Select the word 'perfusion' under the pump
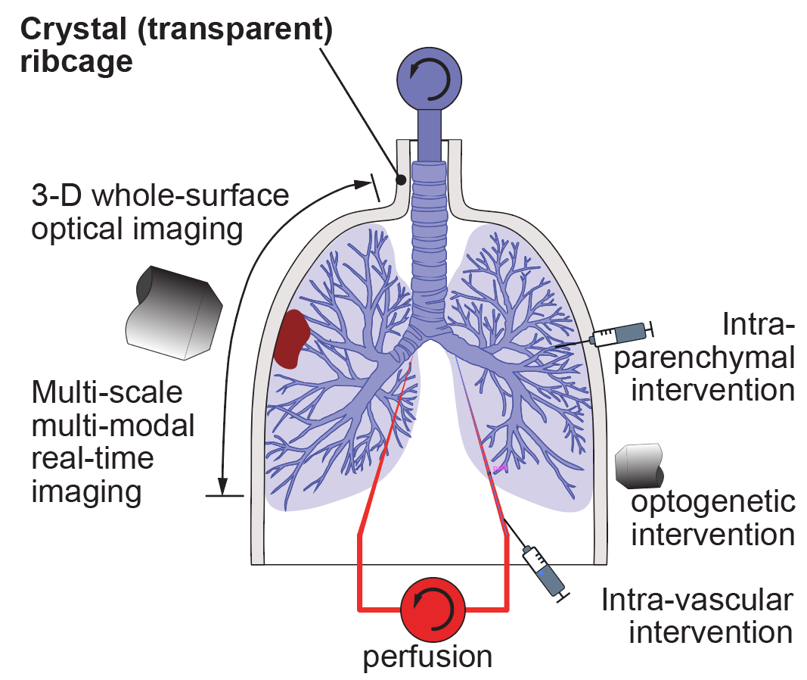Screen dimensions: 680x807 click(427, 656)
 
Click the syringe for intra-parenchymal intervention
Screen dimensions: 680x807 click(621, 334)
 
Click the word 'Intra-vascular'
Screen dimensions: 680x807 click(697, 600)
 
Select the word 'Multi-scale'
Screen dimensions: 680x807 click(107, 393)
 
